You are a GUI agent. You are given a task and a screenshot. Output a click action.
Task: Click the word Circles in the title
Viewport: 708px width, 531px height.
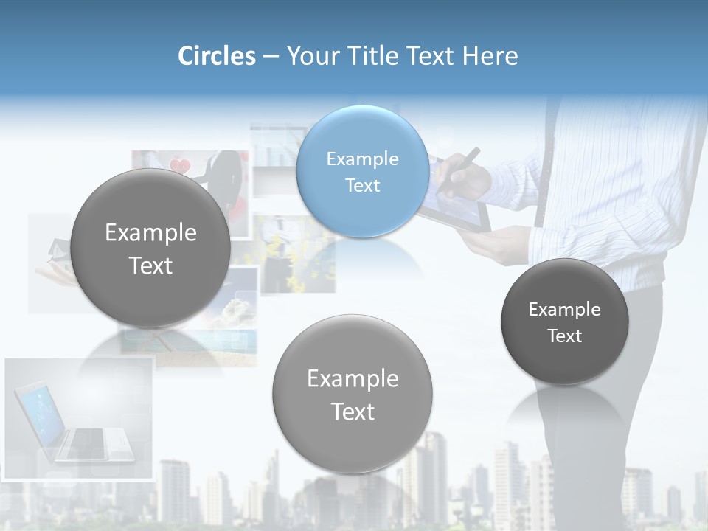point(217,56)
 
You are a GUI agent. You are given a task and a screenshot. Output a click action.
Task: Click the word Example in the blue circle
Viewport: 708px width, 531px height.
point(362,159)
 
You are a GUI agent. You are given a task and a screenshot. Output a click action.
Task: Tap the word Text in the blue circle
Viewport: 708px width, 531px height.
point(362,185)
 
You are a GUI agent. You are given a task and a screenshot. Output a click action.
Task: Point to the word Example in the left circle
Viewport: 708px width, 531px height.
point(150,233)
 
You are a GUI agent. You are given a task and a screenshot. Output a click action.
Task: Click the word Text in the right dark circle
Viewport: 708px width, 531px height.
point(565,336)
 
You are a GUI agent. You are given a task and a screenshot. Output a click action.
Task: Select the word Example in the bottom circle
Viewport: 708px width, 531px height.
point(353,378)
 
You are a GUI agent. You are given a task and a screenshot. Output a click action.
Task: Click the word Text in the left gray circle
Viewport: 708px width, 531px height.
point(150,265)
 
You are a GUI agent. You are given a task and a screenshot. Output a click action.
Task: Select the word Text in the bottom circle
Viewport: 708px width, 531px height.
point(353,412)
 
